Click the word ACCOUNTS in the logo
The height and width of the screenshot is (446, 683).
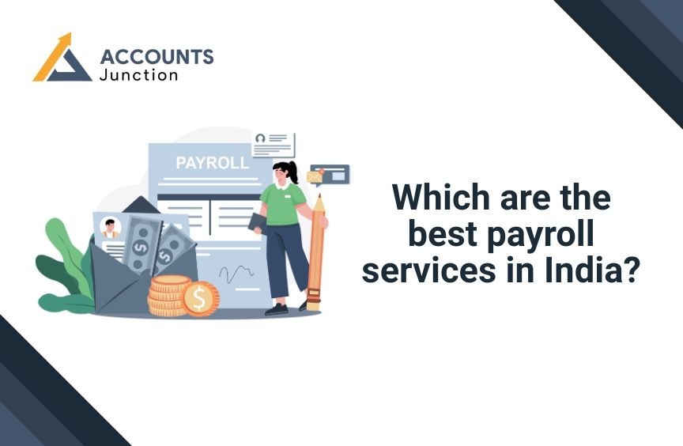point(157,57)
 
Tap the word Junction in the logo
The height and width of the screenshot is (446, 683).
point(138,75)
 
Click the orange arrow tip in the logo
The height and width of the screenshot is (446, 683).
point(66,37)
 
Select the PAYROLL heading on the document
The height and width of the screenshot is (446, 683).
point(212,163)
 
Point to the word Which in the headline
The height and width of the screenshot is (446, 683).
point(441,198)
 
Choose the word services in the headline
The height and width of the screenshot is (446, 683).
point(429,270)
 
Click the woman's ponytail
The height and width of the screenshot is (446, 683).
point(292,172)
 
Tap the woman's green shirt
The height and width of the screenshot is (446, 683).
point(283,204)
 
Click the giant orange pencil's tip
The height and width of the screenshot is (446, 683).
point(319,197)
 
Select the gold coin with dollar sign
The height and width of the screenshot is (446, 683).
point(200,299)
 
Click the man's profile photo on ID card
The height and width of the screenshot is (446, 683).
point(110,228)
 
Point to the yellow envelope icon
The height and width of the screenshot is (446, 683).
point(315,176)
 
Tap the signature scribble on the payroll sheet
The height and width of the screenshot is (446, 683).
point(236,274)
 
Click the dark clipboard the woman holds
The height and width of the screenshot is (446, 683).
point(257,224)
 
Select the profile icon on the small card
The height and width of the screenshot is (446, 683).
point(261,139)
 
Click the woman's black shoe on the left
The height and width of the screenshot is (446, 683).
point(276,309)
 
